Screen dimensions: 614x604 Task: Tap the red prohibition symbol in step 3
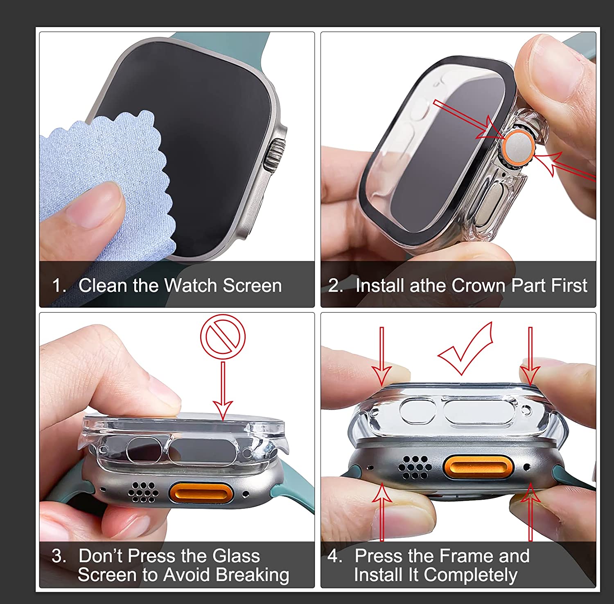point(223,336)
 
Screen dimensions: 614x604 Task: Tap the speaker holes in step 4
point(414,467)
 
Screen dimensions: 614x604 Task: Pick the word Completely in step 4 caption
point(470,574)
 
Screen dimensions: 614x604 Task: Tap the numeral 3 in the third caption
point(57,556)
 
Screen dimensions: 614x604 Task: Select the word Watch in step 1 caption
point(191,286)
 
